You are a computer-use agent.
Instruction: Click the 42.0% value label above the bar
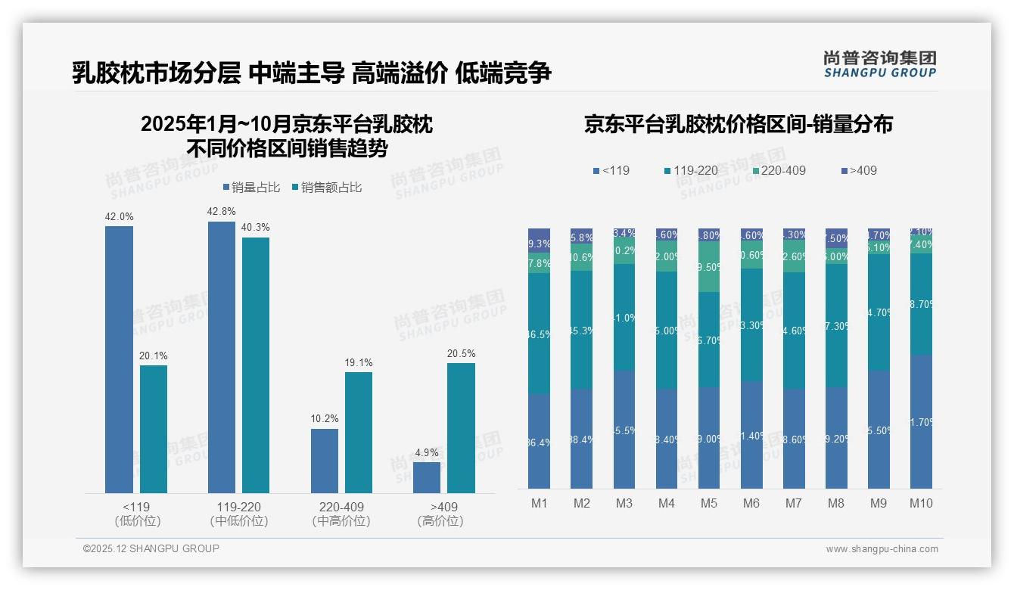coord(119,217)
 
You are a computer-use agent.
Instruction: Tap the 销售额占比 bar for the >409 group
coord(461,428)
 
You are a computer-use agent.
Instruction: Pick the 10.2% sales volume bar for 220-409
coord(325,461)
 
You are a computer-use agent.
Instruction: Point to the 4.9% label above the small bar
coord(427,452)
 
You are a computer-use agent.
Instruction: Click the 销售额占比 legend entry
coord(326,188)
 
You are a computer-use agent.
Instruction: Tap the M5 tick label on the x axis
coord(708,503)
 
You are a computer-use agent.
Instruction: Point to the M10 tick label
coord(920,503)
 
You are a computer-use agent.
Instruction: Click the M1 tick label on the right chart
coord(539,503)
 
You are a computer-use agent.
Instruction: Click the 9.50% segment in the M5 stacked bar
coord(709,267)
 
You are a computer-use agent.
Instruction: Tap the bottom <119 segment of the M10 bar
coord(921,422)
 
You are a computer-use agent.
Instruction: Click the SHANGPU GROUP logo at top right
coord(879,64)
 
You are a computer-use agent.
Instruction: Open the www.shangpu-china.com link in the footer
coord(882,548)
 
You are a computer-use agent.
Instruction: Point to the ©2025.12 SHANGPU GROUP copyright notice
coord(151,548)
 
